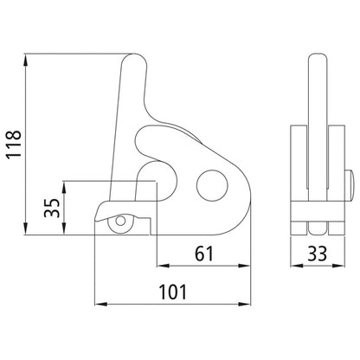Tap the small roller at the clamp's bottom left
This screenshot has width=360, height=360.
(x=115, y=222)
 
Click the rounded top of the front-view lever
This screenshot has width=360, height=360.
(x=132, y=62)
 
